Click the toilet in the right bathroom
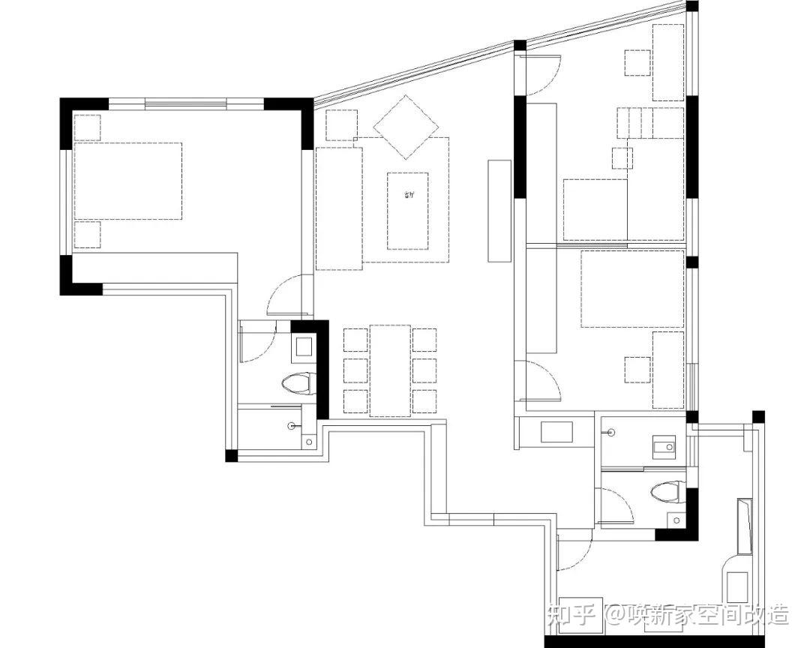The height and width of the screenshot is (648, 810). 665,492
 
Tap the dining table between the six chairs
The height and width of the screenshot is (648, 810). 390,370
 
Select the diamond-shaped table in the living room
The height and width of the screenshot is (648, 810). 406,127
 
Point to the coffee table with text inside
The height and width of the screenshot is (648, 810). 408,211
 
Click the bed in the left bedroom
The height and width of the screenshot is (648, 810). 127,181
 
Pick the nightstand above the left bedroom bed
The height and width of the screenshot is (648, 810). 87,127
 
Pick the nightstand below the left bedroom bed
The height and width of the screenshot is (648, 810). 87,234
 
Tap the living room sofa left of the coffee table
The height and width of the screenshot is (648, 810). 339,208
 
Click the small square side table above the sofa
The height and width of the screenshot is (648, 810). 342,124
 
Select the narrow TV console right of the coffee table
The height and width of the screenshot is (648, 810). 499,210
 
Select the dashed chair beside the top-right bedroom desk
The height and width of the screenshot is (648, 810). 637,62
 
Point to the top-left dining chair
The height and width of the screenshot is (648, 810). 355,340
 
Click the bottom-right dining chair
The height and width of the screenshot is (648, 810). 424,400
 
